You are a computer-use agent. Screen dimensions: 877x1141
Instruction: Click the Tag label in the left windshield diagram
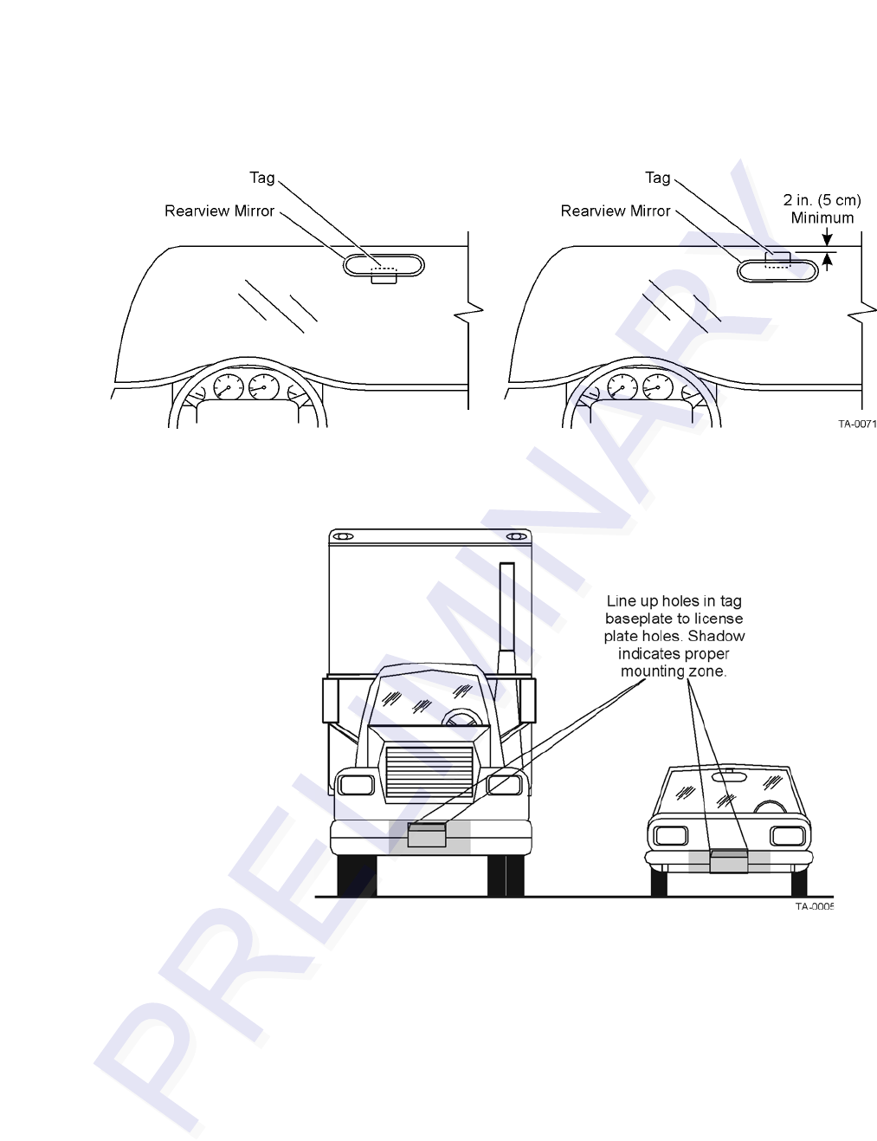pyautogui.click(x=261, y=178)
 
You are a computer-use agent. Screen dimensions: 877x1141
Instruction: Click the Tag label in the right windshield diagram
pyautogui.click(x=657, y=178)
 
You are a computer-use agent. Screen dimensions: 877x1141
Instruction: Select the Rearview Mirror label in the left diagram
pyautogui.click(x=219, y=211)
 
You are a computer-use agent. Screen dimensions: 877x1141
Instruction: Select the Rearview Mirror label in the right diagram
pyautogui.click(x=615, y=211)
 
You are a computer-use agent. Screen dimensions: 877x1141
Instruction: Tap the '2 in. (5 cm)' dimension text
pyautogui.click(x=822, y=200)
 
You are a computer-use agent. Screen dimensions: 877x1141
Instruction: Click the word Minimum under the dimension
pyautogui.click(x=822, y=217)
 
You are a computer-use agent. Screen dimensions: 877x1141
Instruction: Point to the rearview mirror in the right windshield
pyautogui.click(x=777, y=269)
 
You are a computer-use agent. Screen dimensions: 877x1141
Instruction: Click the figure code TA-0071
pyautogui.click(x=856, y=425)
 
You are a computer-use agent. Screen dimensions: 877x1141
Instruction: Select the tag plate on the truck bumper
pyautogui.click(x=427, y=834)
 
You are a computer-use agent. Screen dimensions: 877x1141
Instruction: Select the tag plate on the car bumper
pyautogui.click(x=728, y=860)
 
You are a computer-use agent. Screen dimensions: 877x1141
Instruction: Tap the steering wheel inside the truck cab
pyautogui.click(x=462, y=718)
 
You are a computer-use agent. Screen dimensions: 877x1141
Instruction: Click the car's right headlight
pyautogui.click(x=786, y=836)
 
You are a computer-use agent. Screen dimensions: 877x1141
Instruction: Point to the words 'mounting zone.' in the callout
pyautogui.click(x=674, y=671)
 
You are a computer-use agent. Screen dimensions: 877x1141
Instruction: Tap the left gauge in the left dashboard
pyautogui.click(x=229, y=386)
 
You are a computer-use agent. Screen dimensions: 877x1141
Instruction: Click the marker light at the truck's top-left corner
pyautogui.click(x=342, y=537)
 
